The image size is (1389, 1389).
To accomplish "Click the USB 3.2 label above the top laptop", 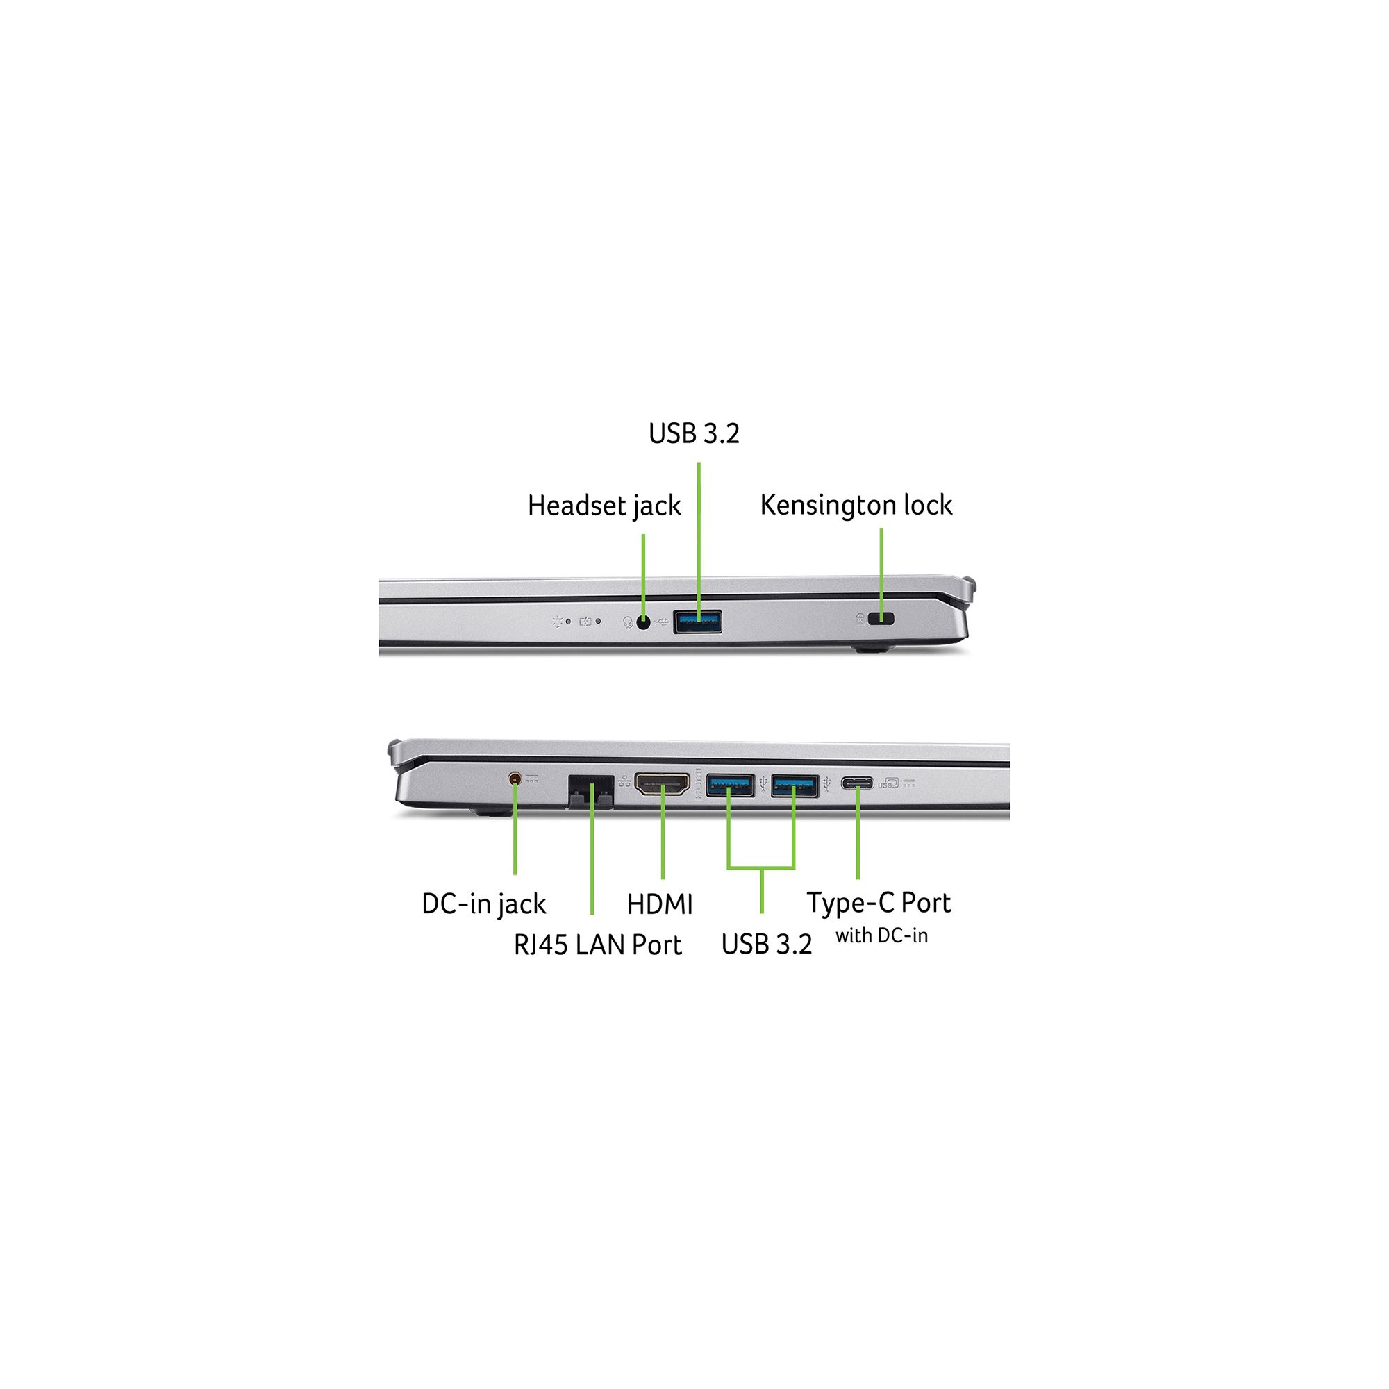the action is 694,433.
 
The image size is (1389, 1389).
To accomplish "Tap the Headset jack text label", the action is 604,506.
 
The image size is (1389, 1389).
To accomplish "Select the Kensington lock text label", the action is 856,506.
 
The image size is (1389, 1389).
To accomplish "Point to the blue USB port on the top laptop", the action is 697,621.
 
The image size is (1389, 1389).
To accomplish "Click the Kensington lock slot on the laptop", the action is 881,618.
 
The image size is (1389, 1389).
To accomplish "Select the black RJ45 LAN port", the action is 591,792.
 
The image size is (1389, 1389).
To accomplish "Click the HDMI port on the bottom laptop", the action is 662,783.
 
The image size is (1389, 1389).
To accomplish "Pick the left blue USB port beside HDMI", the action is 730,785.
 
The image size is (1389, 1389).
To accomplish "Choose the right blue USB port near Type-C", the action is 795,785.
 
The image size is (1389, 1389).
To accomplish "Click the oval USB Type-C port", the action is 857,783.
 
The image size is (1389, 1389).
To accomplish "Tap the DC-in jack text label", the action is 484,904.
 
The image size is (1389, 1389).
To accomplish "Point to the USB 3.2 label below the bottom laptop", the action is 767,945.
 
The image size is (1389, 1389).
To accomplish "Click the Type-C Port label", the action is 879,904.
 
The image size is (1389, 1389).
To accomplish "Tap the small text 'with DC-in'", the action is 881,936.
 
